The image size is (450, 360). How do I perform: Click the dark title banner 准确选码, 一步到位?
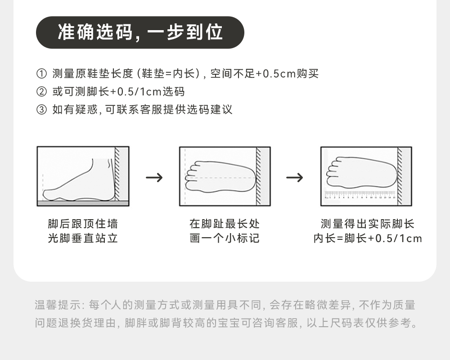click(x=140, y=32)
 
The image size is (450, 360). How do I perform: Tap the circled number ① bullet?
click(x=41, y=74)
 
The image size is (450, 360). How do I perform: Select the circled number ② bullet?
click(x=41, y=92)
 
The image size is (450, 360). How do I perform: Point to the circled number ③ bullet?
click(x=41, y=109)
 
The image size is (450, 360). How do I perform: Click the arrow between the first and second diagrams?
click(x=154, y=177)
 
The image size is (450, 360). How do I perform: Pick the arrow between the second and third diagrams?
click(x=295, y=177)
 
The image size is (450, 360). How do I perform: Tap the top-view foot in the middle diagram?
click(x=220, y=176)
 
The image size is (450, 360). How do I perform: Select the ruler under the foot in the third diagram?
click(x=360, y=195)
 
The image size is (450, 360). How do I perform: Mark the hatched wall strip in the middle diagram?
click(x=259, y=175)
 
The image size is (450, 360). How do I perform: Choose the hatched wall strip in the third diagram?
click(x=399, y=175)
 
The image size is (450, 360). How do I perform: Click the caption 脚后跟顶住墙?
click(x=83, y=224)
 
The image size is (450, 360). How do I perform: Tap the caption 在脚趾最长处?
click(x=225, y=224)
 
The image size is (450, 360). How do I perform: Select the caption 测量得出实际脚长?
click(x=367, y=224)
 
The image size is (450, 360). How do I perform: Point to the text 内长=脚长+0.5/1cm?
click(x=367, y=238)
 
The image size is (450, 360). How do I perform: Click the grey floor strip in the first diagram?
click(x=83, y=203)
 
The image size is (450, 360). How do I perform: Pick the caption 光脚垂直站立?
click(x=83, y=238)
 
